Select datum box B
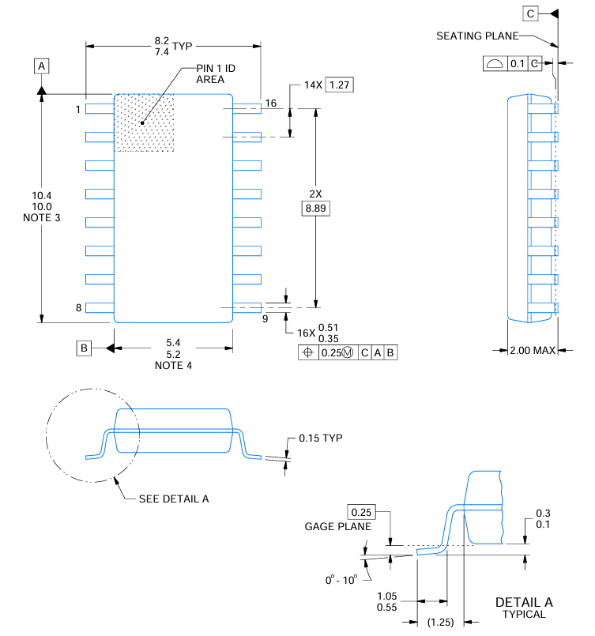(84, 348)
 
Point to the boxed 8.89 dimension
(316, 209)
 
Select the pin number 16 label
(271, 103)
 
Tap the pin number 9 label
(265, 318)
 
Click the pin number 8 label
(79, 308)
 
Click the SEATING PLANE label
(477, 36)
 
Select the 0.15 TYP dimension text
(321, 438)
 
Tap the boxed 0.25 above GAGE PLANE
(360, 512)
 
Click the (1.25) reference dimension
(439, 622)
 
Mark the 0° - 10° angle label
(341, 579)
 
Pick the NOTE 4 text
(173, 366)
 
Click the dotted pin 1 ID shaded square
(145, 123)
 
